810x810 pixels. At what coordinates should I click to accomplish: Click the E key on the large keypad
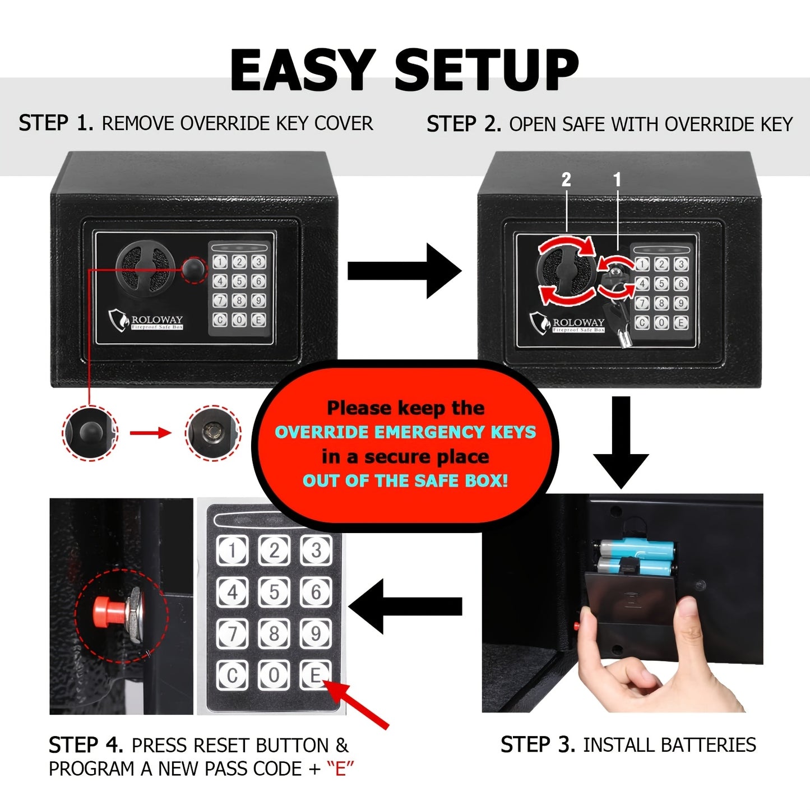coord(316,674)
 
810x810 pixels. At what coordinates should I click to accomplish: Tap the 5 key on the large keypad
coord(274,592)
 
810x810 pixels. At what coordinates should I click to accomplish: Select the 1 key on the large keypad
coord(232,550)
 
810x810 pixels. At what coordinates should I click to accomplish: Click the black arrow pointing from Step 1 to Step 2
coord(404,271)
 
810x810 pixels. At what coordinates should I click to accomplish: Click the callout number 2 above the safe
coord(566,179)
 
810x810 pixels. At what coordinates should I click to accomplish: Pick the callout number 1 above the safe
coord(617,179)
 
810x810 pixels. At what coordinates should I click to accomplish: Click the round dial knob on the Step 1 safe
coord(142,267)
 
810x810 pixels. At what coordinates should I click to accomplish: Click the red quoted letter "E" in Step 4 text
coord(340,769)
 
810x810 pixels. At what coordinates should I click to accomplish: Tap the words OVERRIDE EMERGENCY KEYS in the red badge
coord(405,432)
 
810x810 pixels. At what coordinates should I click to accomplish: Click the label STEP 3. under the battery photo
coord(537,744)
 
